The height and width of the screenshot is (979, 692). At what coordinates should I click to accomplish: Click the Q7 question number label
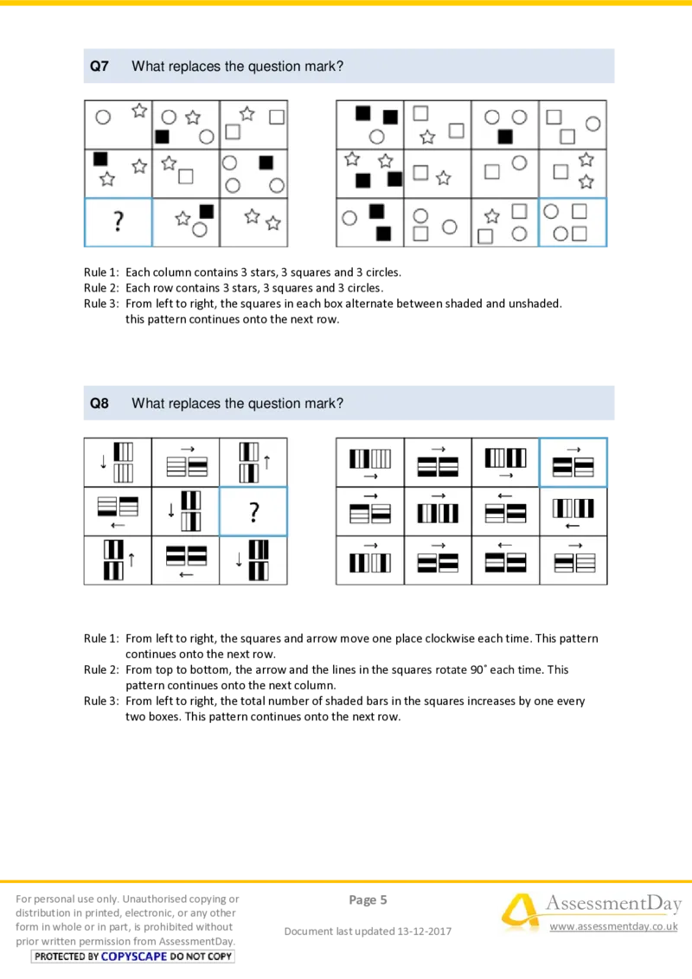pos(99,66)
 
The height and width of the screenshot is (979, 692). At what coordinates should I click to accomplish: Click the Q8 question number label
pos(99,403)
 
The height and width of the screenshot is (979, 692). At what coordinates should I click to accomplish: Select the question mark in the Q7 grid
pos(118,223)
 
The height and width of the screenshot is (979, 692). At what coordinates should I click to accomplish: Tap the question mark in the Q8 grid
pos(253,513)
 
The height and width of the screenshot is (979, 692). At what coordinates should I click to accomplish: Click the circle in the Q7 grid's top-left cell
pos(102,117)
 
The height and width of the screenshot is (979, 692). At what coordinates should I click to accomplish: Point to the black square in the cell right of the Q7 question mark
pos(206,211)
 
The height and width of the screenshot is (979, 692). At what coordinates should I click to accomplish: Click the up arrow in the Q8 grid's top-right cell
pos(267,462)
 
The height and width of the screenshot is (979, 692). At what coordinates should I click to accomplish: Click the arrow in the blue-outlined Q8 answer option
pos(573,449)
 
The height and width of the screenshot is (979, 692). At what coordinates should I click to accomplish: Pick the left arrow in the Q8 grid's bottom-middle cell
pos(185,573)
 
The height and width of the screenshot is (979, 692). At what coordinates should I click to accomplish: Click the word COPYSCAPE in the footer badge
pos(134,957)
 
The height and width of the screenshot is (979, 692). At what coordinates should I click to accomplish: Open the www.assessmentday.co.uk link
pos(613,926)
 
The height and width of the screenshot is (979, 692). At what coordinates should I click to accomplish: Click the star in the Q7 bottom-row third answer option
pos(492,216)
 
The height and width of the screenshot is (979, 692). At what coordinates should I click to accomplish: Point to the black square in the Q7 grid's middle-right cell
pos(266,162)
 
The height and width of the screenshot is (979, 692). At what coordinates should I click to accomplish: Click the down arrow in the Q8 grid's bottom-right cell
pos(240,560)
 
